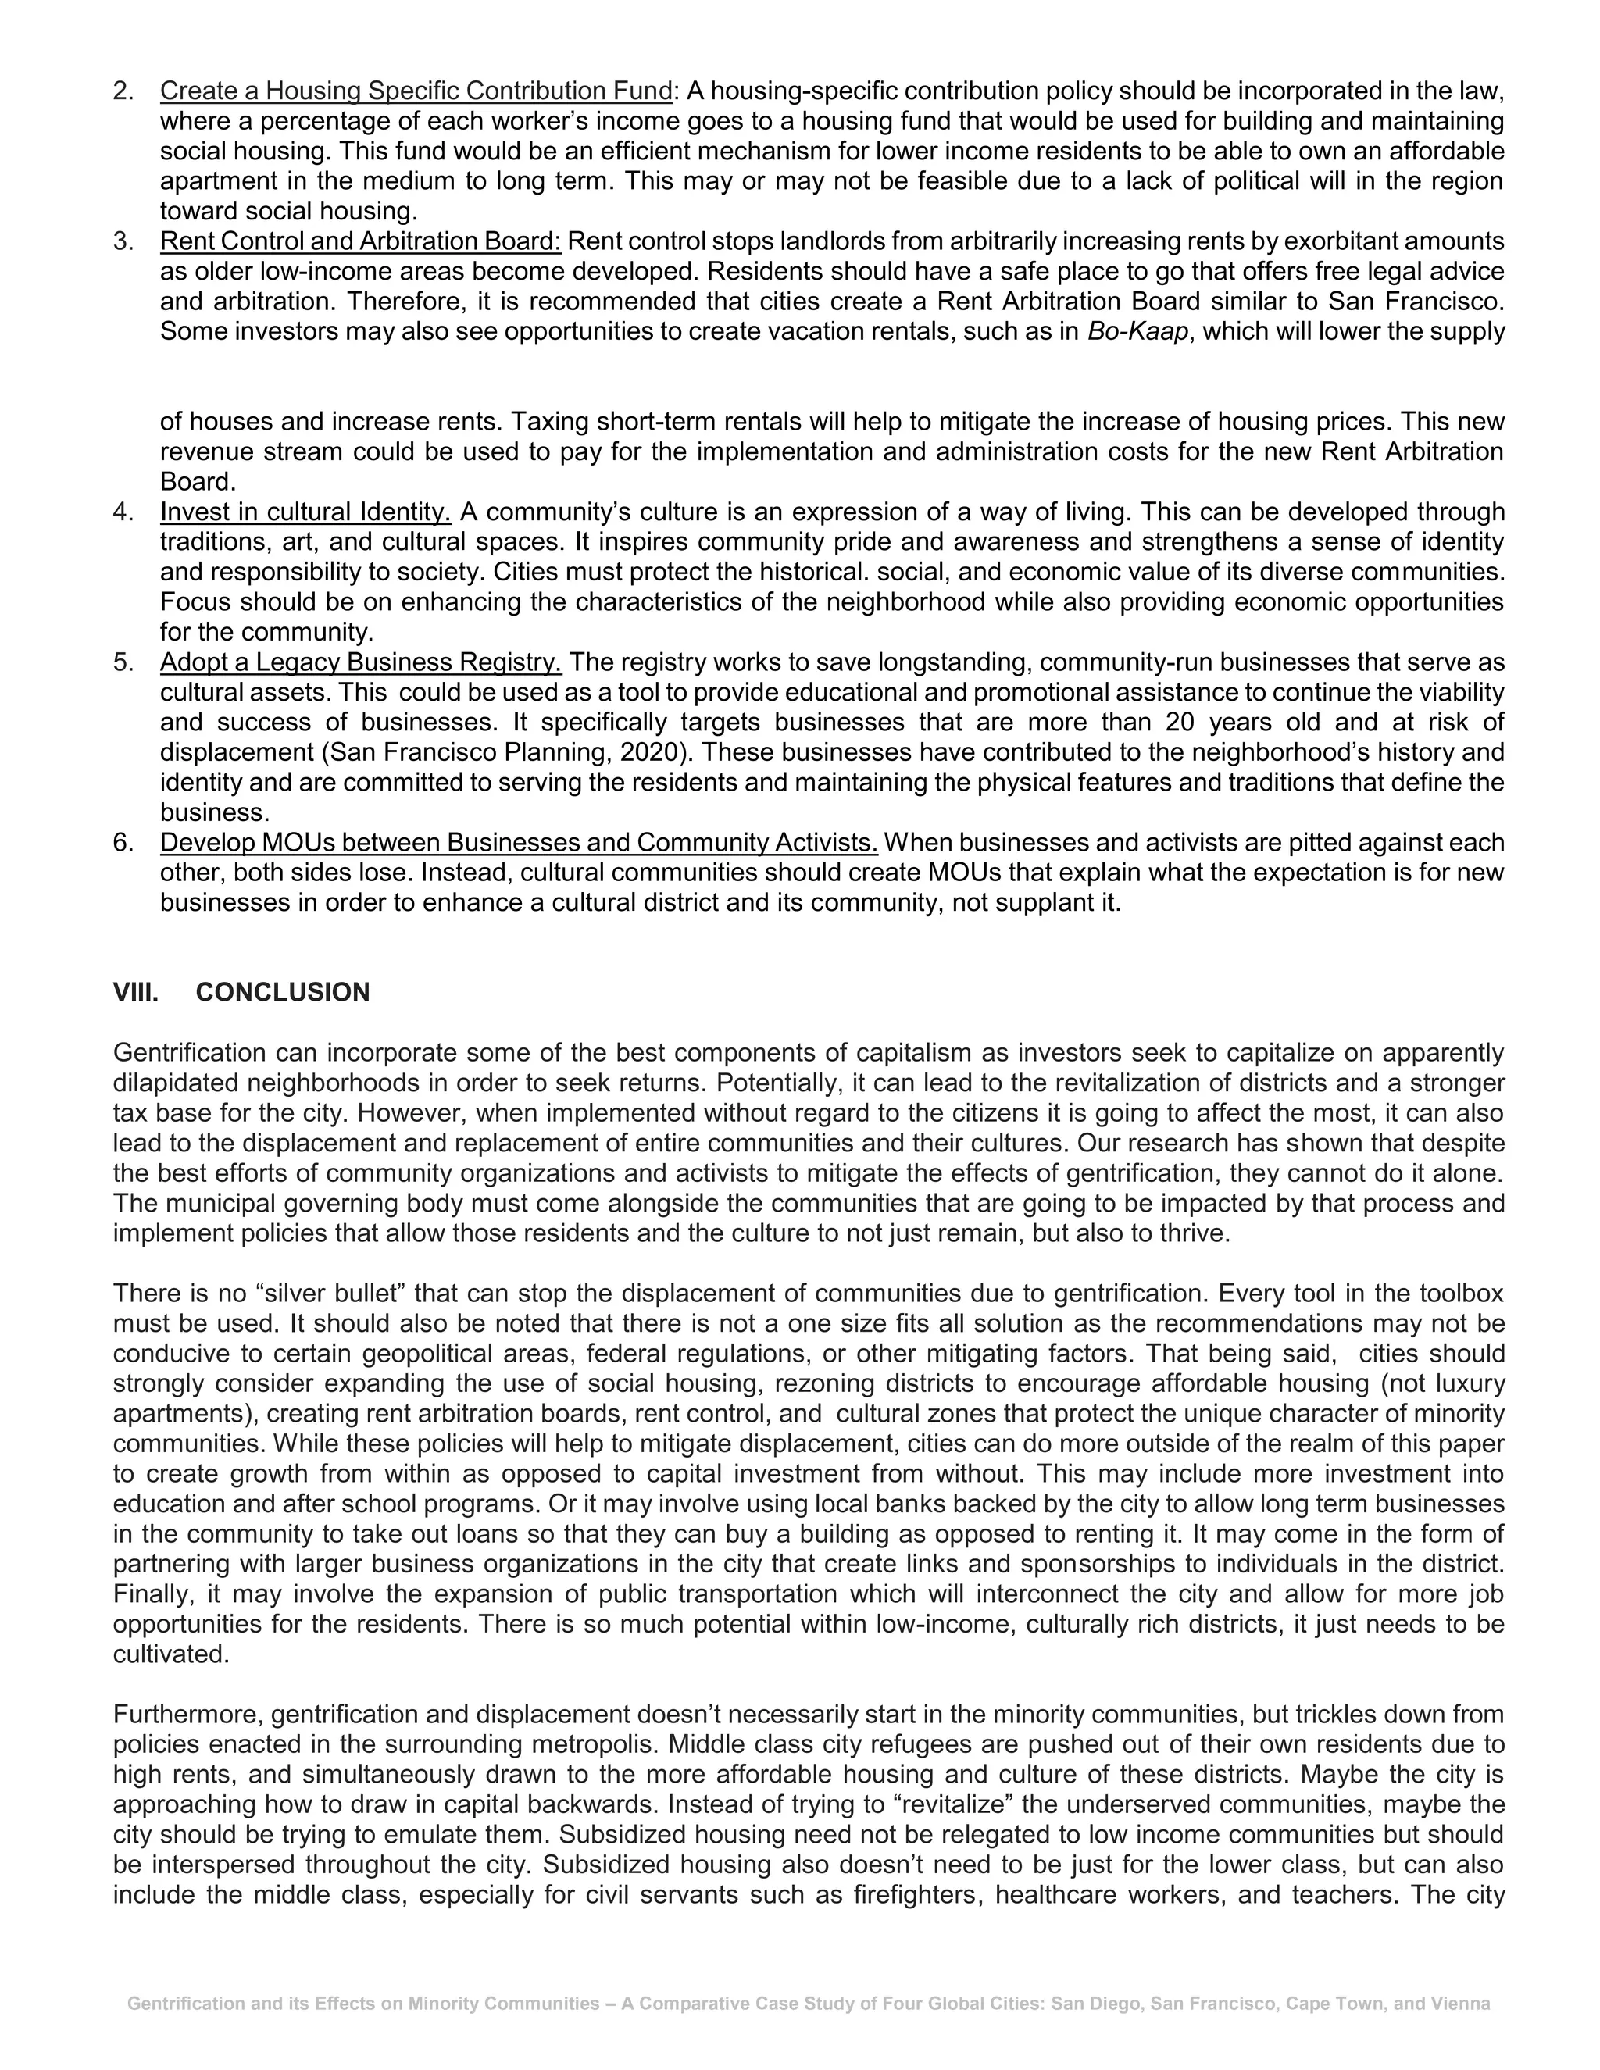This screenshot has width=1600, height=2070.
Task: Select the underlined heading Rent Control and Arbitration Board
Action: (x=360, y=241)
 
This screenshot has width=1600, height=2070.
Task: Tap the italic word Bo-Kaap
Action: (x=1137, y=332)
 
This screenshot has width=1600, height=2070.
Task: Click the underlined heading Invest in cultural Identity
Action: (x=305, y=512)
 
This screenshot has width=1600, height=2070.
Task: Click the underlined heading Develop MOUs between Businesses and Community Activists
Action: (x=519, y=843)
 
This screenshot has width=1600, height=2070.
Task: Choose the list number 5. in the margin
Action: (x=123, y=662)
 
